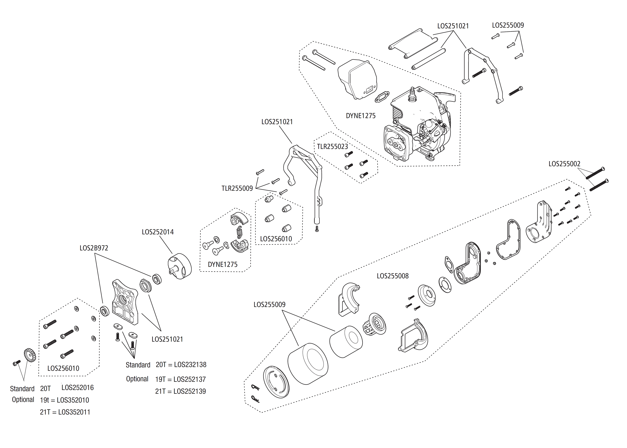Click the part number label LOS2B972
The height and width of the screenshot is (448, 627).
click(x=94, y=248)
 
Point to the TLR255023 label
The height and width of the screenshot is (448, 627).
click(x=332, y=147)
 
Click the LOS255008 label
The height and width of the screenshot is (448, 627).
click(x=392, y=276)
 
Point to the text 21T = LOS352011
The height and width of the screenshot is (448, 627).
click(x=65, y=412)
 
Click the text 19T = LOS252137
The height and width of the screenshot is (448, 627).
click(x=180, y=379)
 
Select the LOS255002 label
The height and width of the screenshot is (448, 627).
click(x=564, y=164)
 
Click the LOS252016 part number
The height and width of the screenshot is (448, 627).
click(x=77, y=388)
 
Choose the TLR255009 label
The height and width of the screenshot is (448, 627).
click(x=237, y=188)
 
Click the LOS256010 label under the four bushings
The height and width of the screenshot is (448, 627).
click(x=276, y=239)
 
